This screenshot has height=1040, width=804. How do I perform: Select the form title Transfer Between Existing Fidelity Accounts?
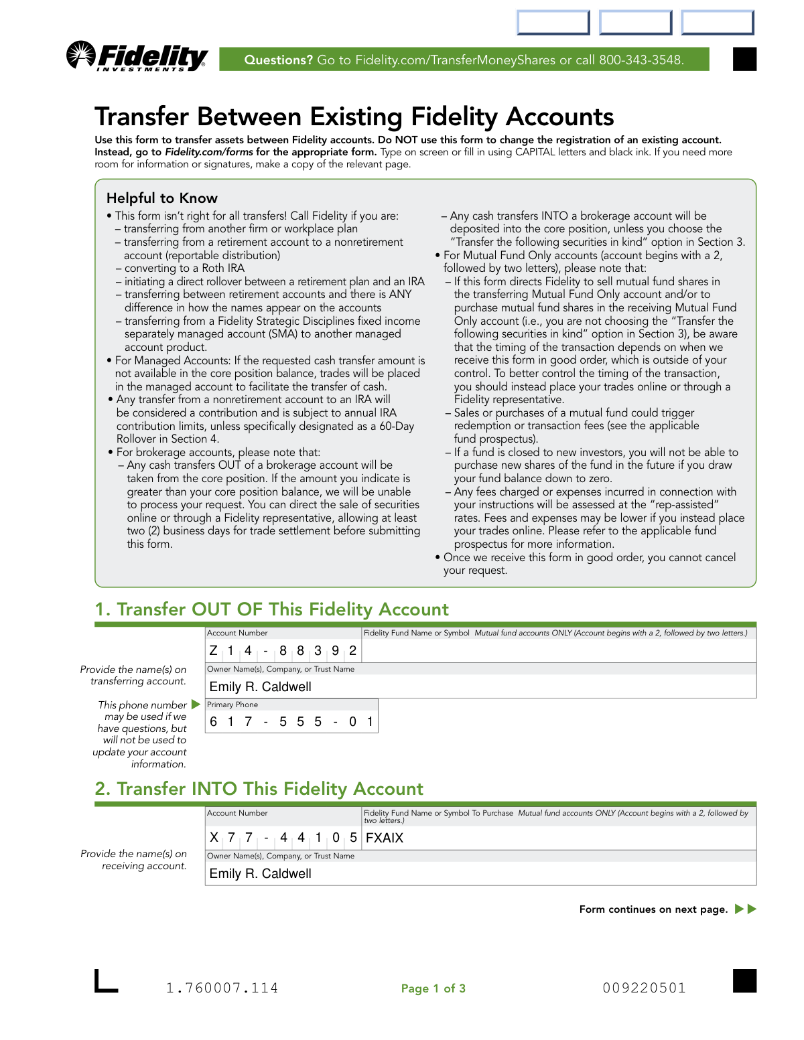click(354, 117)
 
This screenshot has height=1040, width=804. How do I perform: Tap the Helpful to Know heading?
click(162, 198)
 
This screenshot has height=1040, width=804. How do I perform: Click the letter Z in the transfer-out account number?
click(214, 651)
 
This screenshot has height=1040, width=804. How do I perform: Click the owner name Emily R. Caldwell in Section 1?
click(260, 686)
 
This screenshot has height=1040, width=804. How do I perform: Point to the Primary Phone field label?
click(232, 704)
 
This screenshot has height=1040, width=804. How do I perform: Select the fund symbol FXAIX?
click(385, 838)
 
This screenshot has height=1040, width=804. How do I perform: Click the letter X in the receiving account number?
click(214, 838)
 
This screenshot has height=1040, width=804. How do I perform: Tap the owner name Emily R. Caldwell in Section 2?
click(260, 873)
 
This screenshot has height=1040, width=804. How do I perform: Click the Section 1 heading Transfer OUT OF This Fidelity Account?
click(272, 609)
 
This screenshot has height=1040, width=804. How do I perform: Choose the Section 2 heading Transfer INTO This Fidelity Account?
click(259, 789)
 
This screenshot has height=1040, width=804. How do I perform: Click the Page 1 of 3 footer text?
click(433, 988)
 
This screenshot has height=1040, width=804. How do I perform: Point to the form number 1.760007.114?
click(222, 988)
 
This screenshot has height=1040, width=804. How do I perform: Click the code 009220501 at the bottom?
click(644, 988)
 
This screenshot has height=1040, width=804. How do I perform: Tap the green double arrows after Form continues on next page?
click(746, 909)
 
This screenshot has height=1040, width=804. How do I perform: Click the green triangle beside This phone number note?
click(196, 704)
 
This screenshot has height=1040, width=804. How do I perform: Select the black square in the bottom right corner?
click(744, 981)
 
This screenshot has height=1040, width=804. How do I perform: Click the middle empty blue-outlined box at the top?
click(635, 23)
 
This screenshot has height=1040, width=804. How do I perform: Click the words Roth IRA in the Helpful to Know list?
click(223, 269)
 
